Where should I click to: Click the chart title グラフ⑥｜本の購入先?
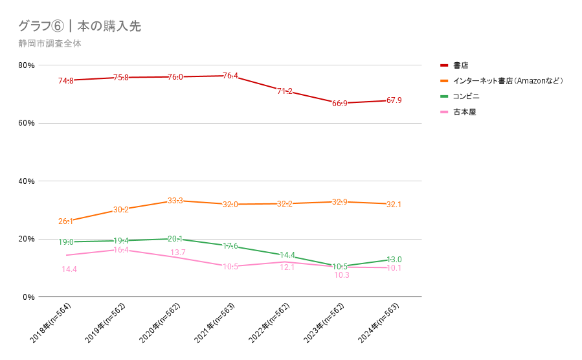(x=80, y=27)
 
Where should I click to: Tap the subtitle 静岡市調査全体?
(x=50, y=44)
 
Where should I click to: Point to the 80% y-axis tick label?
(x=27, y=65)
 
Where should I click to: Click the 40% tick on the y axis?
(x=27, y=181)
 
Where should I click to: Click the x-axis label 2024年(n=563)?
(x=384, y=324)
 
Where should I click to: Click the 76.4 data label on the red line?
(x=230, y=76)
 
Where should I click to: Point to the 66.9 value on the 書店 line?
(x=341, y=104)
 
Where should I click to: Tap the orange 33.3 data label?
(x=175, y=201)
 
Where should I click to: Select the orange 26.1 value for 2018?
(x=66, y=221)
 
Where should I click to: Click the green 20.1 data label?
(x=175, y=239)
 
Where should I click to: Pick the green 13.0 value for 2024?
(x=394, y=260)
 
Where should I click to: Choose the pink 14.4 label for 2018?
(x=69, y=269)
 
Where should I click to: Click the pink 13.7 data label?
(x=178, y=252)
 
